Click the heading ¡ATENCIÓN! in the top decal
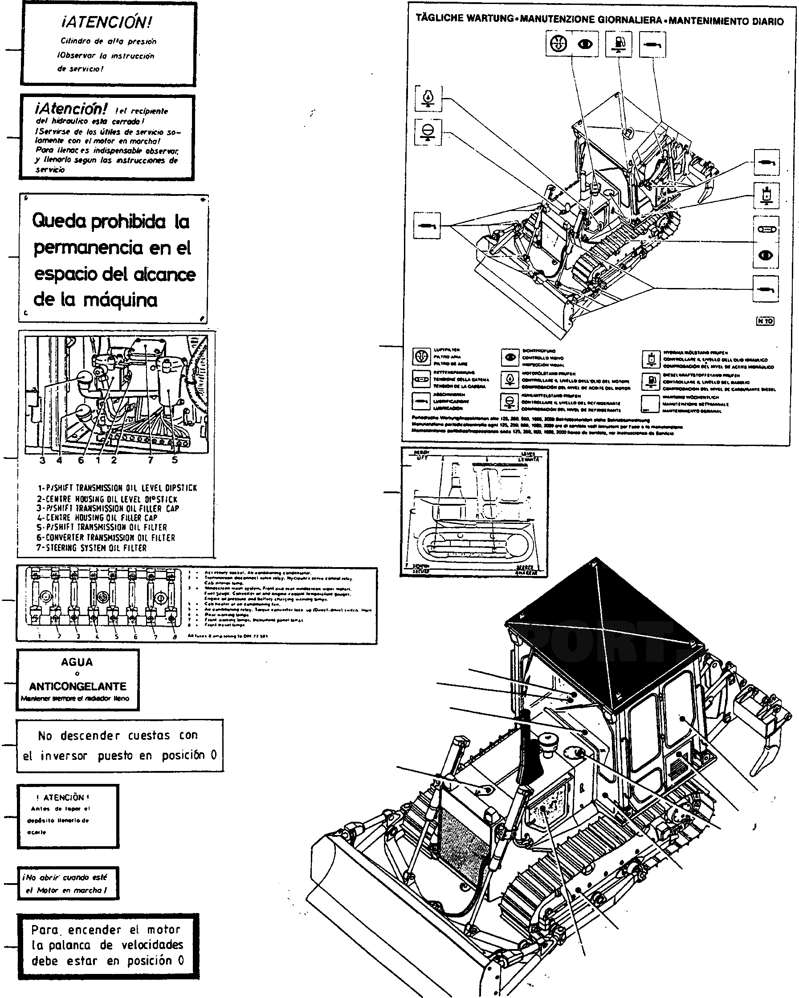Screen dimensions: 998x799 [106, 22]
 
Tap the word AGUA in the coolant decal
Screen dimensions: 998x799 [77, 662]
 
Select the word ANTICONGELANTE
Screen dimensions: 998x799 [77, 686]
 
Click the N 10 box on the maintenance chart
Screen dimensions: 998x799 [765, 321]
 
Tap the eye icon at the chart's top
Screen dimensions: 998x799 [586, 44]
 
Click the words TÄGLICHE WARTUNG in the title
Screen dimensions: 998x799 [465, 18]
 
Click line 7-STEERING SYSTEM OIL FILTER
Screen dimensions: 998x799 [92, 548]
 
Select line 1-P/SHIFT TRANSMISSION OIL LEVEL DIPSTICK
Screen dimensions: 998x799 [117, 488]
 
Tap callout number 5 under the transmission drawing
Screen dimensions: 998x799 [175, 460]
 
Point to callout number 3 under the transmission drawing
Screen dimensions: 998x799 [42, 460]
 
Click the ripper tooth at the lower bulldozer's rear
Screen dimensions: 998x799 [765, 759]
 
